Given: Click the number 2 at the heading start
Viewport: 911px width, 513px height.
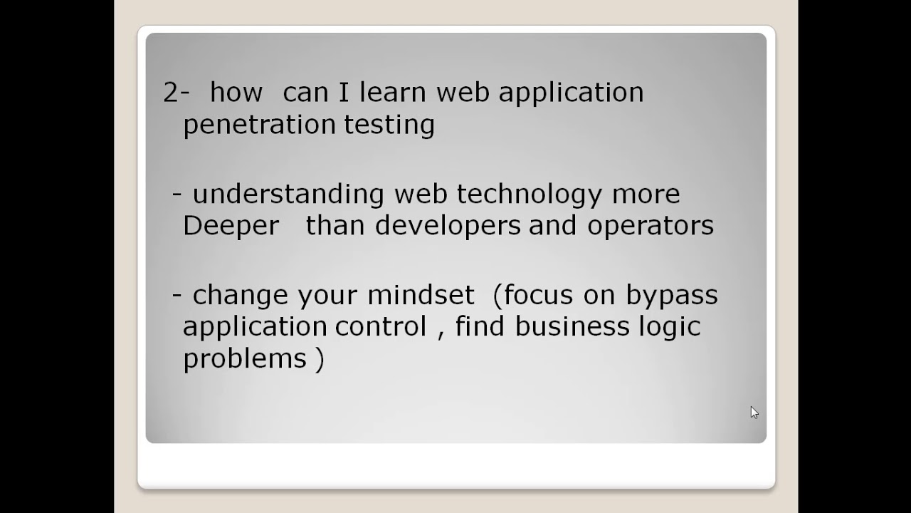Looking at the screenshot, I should pyautogui.click(x=171, y=93).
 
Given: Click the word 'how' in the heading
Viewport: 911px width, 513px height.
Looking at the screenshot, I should pyautogui.click(x=236, y=93).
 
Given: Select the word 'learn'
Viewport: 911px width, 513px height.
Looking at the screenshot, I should pyautogui.click(x=393, y=93).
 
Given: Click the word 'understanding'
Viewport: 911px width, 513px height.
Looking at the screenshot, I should pyautogui.click(x=288, y=195).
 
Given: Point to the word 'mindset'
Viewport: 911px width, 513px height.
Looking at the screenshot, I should pyautogui.click(x=421, y=295).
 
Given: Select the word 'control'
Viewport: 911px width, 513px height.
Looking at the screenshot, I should pyautogui.click(x=381, y=327).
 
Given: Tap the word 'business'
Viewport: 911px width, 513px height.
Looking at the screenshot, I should pyautogui.click(x=572, y=327).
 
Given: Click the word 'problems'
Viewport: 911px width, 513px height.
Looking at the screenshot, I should pyautogui.click(x=245, y=358).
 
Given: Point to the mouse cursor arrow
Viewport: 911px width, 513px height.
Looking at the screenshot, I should pyautogui.click(x=754, y=412).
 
